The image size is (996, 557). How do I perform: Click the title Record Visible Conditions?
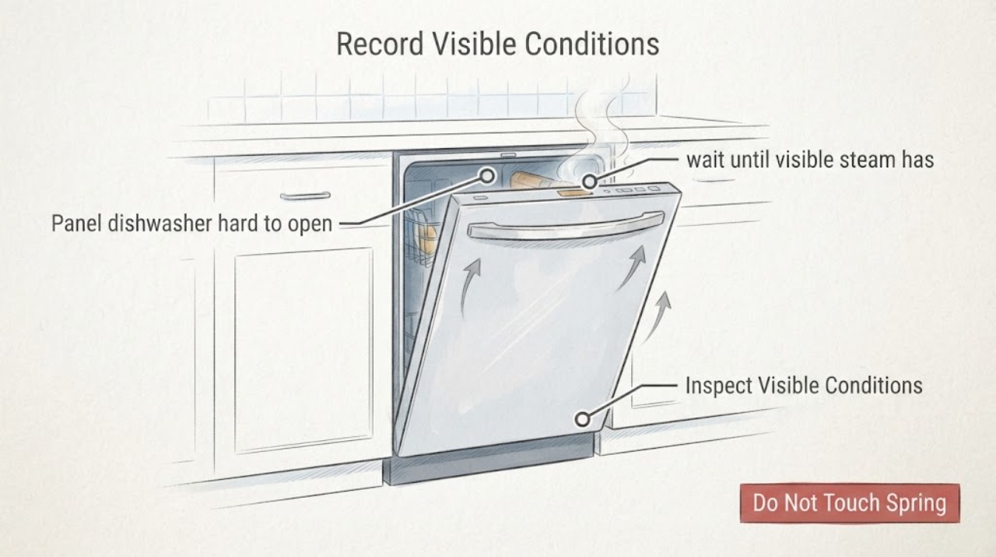pyautogui.click(x=497, y=44)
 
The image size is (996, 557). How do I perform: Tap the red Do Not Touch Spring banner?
pyautogui.click(x=850, y=502)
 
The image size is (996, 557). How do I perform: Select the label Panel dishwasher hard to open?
pyautogui.click(x=192, y=223)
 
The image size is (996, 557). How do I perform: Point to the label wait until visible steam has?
pyautogui.click(x=810, y=160)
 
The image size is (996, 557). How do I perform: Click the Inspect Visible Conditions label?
pyautogui.click(x=804, y=386)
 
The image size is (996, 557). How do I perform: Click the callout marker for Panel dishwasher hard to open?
pyautogui.click(x=488, y=176)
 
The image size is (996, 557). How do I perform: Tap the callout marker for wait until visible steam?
pyautogui.click(x=590, y=182)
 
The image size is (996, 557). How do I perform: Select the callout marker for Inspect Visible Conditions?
pyautogui.click(x=583, y=419)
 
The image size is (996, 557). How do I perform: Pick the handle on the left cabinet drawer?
pyautogui.click(x=305, y=196)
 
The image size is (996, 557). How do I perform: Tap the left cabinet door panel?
pyautogui.click(x=304, y=351)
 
